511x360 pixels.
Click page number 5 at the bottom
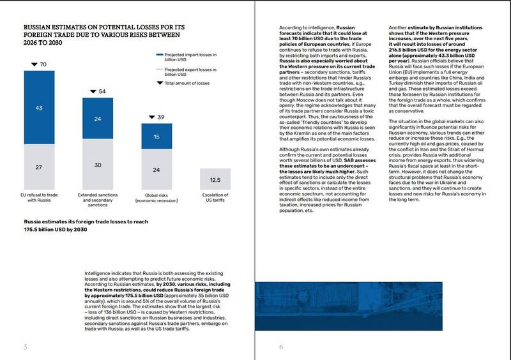coord(26,347)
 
